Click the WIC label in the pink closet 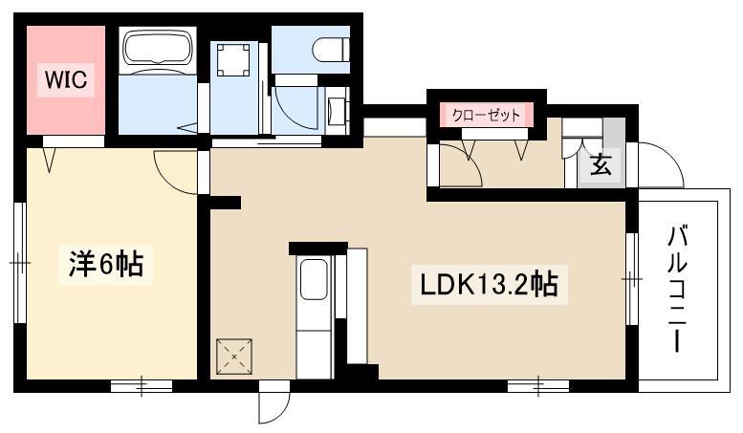click(x=66, y=79)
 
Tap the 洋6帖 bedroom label click(x=106, y=265)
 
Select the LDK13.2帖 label click(x=489, y=284)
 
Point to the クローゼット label click(x=486, y=115)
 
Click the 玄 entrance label click(x=601, y=165)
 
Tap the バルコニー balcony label click(x=677, y=290)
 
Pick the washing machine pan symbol click(x=233, y=58)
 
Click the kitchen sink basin click(x=314, y=279)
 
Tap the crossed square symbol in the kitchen click(x=233, y=357)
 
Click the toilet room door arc click(x=295, y=111)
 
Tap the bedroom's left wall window click(x=19, y=263)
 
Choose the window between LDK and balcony click(x=632, y=279)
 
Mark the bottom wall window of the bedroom click(x=142, y=386)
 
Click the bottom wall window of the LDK click(x=538, y=386)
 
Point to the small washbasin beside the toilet click(x=337, y=110)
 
